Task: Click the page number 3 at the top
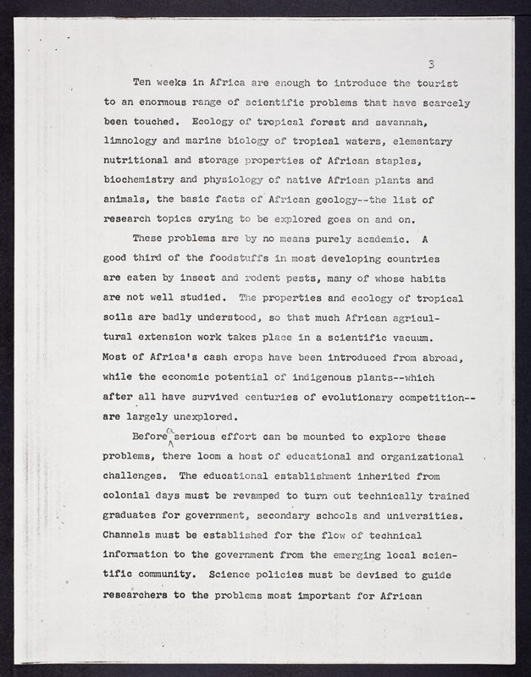click(431, 63)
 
